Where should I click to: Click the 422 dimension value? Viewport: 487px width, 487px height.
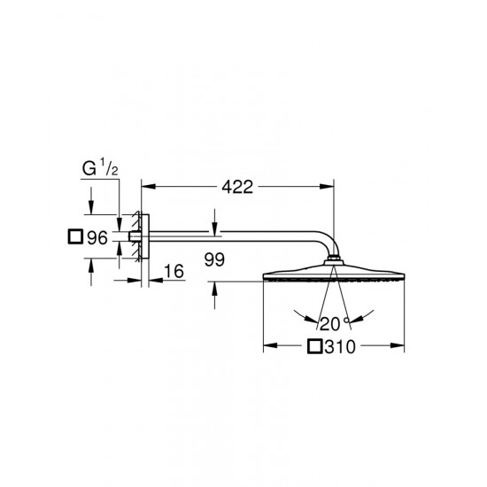237,187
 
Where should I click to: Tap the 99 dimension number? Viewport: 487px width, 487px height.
214,259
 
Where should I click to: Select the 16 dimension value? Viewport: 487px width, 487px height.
174,271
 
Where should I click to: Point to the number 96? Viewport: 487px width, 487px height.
97,238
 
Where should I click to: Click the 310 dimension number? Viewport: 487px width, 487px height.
340,347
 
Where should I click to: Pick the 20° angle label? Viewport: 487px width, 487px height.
335,324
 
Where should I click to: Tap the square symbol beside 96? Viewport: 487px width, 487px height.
75,236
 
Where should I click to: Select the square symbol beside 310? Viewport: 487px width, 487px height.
315,346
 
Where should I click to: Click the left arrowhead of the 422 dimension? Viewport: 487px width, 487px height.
148,186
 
